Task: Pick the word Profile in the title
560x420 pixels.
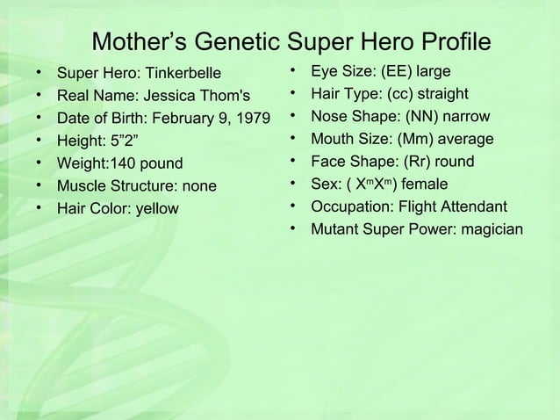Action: point(442,42)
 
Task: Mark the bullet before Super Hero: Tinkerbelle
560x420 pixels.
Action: point(39,71)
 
